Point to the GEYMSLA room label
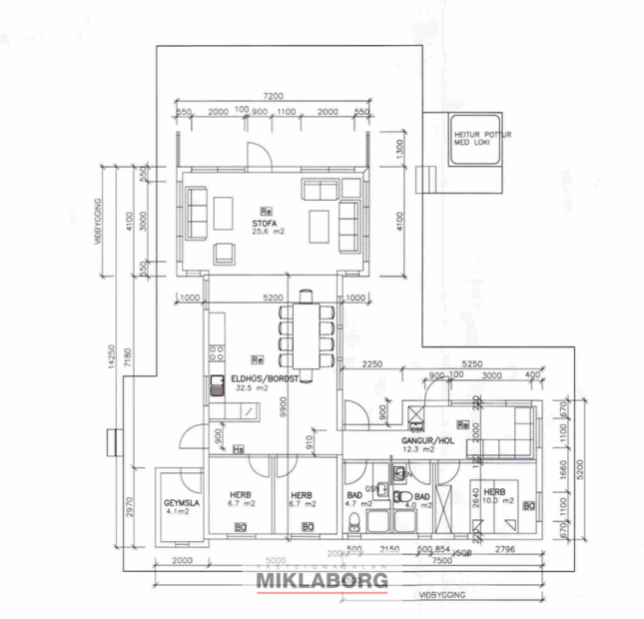pos(181,505)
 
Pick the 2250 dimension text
pos(373,364)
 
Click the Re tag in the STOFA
pos(266,212)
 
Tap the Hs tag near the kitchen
pos(238,449)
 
